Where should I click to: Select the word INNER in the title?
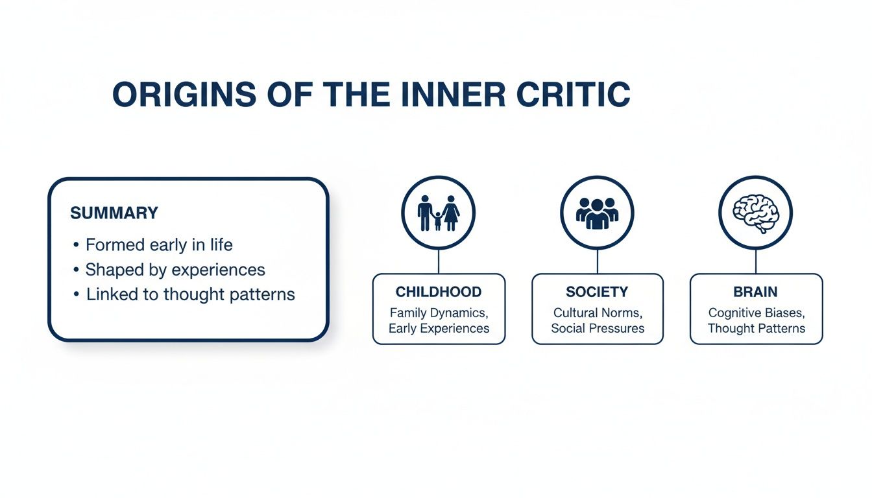click(x=453, y=95)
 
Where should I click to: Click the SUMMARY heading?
click(x=114, y=213)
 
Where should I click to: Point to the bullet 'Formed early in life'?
click(x=159, y=245)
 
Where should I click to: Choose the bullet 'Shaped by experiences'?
click(x=175, y=270)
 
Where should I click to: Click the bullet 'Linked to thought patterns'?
click(x=190, y=294)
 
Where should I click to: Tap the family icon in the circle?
click(x=439, y=213)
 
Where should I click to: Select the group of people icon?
click(x=597, y=213)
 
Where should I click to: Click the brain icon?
click(x=756, y=211)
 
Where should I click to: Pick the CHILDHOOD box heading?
click(x=439, y=292)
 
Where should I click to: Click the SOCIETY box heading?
click(x=597, y=292)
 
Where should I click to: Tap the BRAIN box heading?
click(x=756, y=292)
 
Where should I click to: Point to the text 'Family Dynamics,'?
click(x=439, y=313)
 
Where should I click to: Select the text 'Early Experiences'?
click(x=439, y=328)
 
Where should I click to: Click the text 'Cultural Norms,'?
click(x=597, y=313)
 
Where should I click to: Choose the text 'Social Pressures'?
click(x=597, y=328)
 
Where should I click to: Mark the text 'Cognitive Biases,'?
click(x=756, y=313)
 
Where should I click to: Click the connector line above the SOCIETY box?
click(x=597, y=262)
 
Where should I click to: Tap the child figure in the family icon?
click(x=438, y=221)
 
